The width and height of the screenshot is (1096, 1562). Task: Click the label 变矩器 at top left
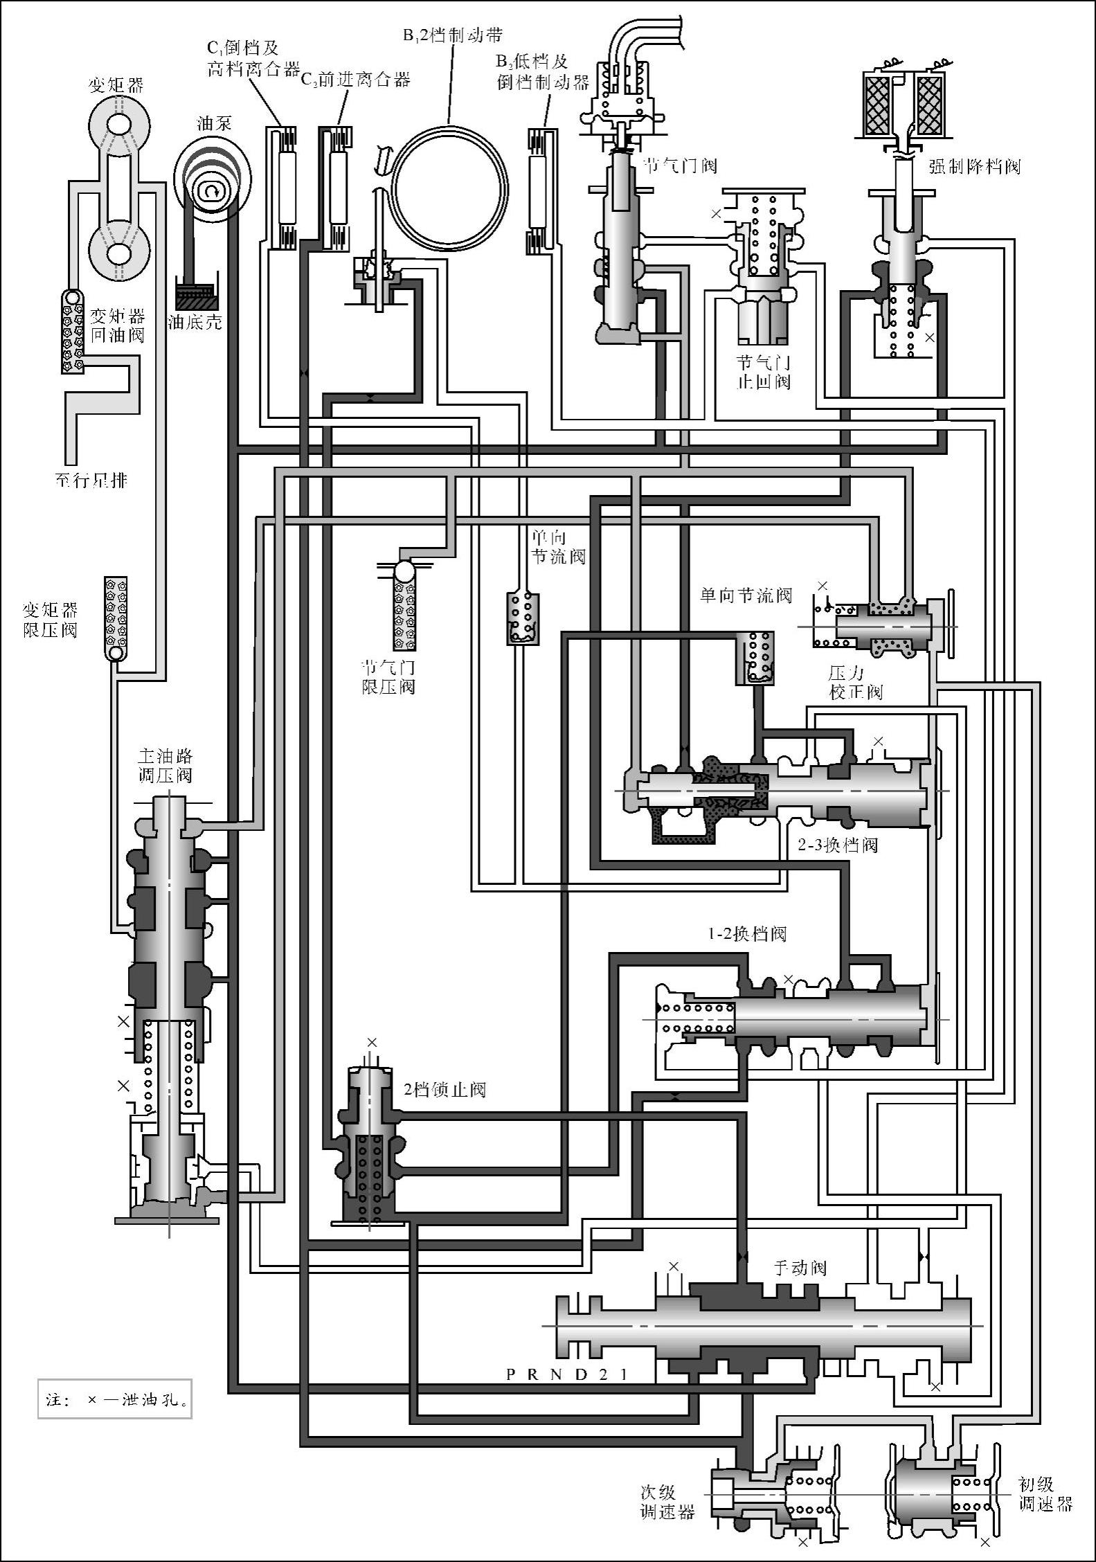[116, 85]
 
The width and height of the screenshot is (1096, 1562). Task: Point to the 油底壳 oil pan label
[195, 322]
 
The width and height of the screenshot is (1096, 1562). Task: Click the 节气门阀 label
[681, 166]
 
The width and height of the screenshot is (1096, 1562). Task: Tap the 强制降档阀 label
[974, 167]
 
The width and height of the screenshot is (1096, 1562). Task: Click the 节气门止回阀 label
[764, 372]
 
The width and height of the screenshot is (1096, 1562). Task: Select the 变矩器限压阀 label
[51, 620]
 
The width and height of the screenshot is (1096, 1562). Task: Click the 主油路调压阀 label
[165, 765]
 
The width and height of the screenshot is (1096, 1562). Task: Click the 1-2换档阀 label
[747, 934]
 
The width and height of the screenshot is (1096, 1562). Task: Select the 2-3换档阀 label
[838, 845]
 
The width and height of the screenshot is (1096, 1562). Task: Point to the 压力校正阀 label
[856, 682]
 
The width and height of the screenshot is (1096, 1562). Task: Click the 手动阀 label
[800, 1268]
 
